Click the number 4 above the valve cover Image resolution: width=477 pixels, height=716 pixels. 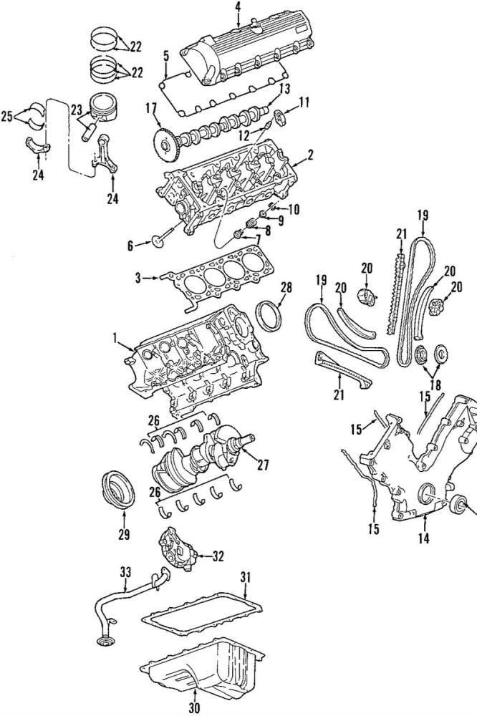pyautogui.click(x=238, y=7)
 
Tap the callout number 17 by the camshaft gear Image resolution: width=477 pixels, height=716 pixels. pyautogui.click(x=151, y=108)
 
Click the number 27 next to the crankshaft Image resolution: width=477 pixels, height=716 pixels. pyautogui.click(x=263, y=465)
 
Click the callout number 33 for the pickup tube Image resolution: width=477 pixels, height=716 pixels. pyautogui.click(x=125, y=571)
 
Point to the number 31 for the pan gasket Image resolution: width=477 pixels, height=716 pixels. pyautogui.click(x=246, y=577)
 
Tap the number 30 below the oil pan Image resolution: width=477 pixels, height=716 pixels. pyautogui.click(x=194, y=708)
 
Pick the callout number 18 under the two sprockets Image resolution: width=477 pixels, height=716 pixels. pyautogui.click(x=435, y=384)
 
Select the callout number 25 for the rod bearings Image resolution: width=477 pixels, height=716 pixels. pyautogui.click(x=7, y=117)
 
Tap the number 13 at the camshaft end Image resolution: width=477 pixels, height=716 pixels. pyautogui.click(x=284, y=89)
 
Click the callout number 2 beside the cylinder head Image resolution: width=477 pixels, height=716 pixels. pyautogui.click(x=310, y=155)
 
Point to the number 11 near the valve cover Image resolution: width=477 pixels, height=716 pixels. pyautogui.click(x=304, y=102)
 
